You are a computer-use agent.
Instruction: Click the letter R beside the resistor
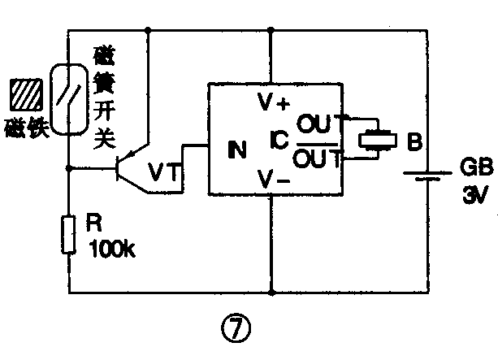tap(92, 222)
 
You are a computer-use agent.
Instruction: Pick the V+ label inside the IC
tap(272, 102)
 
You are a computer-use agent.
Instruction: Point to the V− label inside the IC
tap(272, 180)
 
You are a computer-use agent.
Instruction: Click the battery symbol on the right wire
tap(427, 176)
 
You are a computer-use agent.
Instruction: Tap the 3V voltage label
tap(474, 196)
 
